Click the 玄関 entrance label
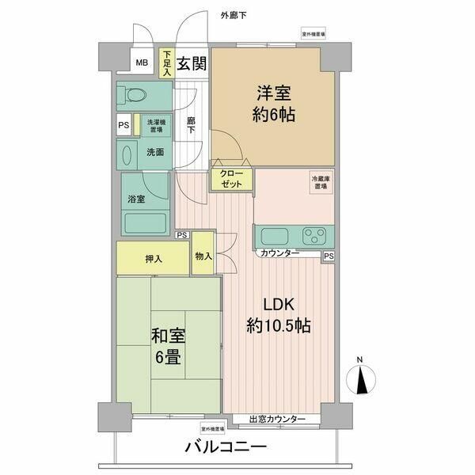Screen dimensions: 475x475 pos(192,64)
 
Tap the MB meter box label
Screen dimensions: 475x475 pos(142,64)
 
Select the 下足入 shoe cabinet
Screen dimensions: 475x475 pos(167,63)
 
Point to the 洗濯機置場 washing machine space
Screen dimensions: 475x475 pos(154,125)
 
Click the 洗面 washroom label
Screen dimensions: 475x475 pos(154,152)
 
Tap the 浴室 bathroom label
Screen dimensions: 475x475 pos(136,199)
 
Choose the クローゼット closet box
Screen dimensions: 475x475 pos(231,178)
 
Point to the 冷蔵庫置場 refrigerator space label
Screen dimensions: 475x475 pos(320,183)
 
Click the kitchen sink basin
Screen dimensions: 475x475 pos(273,237)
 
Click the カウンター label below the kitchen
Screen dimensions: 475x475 pos(279,253)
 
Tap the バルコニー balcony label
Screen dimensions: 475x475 pos(226,449)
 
